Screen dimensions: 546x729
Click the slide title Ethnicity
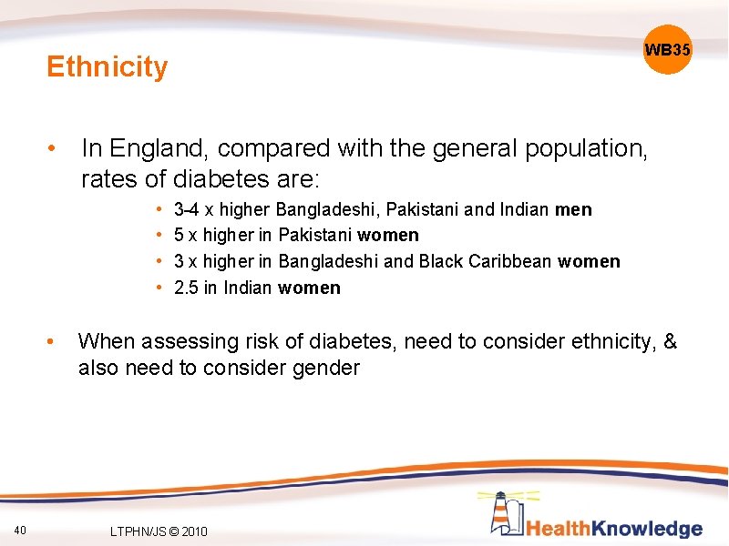tap(108, 66)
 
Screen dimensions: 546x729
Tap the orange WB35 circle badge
tap(668, 50)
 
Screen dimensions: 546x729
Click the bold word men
tap(573, 210)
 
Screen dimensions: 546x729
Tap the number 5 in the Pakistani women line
tap(179, 236)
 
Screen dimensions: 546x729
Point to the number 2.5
tap(186, 288)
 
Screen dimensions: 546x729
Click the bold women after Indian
tap(310, 288)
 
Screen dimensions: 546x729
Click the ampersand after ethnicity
tap(671, 341)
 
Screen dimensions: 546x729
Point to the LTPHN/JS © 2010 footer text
tap(158, 531)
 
